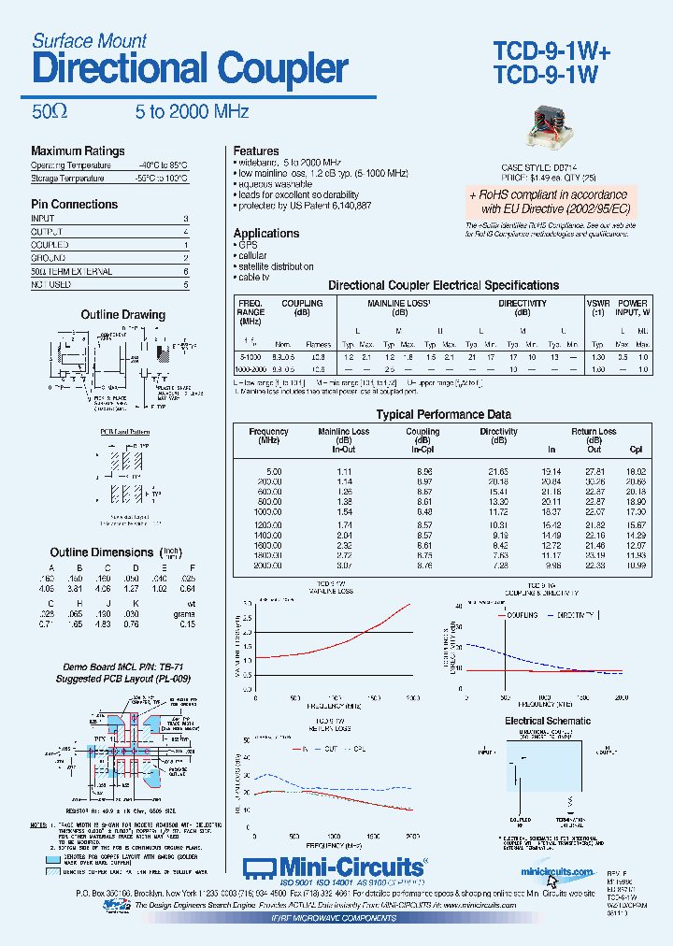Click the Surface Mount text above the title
[90, 40]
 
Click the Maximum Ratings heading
[78, 151]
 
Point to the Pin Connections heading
[75, 204]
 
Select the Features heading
[256, 150]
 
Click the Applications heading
[266, 233]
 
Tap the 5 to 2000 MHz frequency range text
[192, 111]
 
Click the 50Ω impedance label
[50, 111]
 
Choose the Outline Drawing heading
[122, 315]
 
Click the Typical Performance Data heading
[443, 414]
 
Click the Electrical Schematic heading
[548, 721]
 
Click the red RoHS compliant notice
[550, 201]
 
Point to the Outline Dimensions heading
[102, 552]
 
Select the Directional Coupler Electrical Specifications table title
[443, 285]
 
